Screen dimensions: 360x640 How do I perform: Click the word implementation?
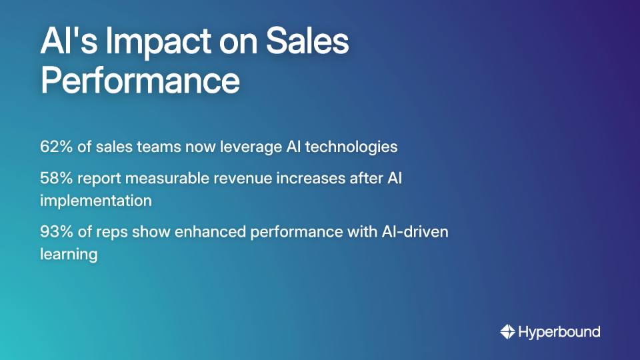point(96,201)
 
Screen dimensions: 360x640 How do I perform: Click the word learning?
point(69,254)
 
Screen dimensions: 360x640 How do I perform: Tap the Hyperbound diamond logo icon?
point(507,331)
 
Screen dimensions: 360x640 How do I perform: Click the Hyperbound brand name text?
point(559,331)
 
